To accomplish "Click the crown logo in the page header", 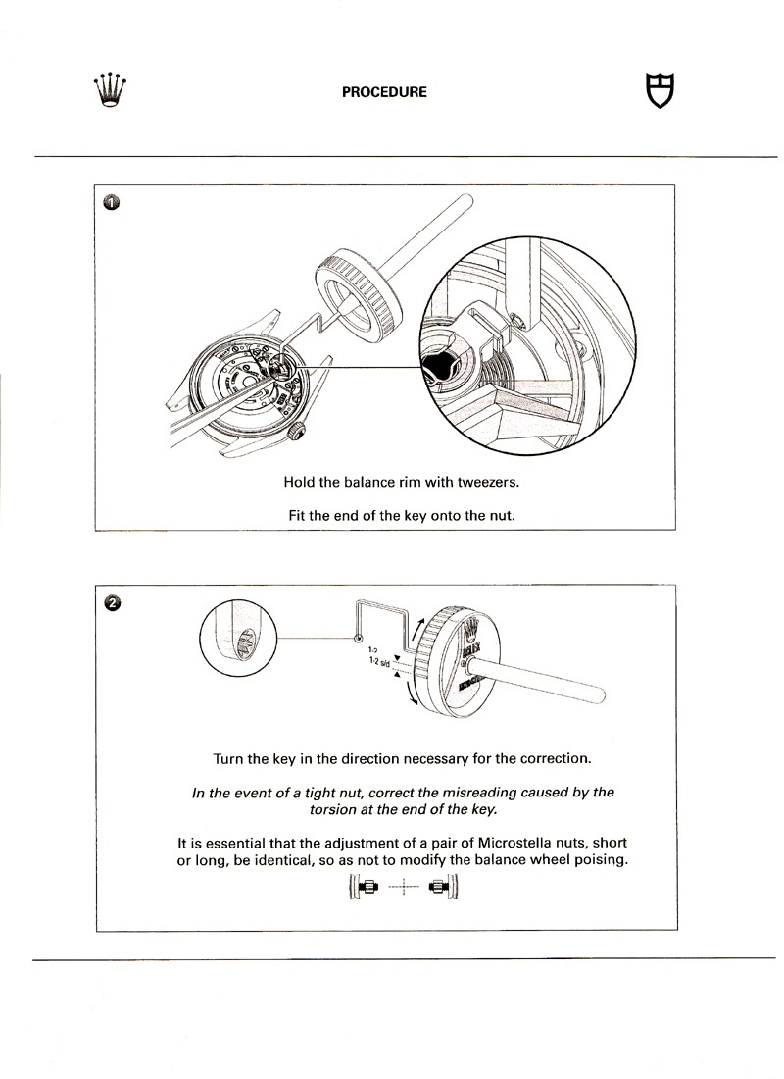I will pyautogui.click(x=112, y=90).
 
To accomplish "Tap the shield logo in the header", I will pyautogui.click(x=662, y=90).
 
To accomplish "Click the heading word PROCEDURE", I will pyautogui.click(x=383, y=92).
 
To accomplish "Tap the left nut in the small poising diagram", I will pyautogui.click(x=371, y=888).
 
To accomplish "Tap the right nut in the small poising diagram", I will pyautogui.click(x=438, y=888).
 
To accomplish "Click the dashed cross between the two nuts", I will pyautogui.click(x=404, y=888).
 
